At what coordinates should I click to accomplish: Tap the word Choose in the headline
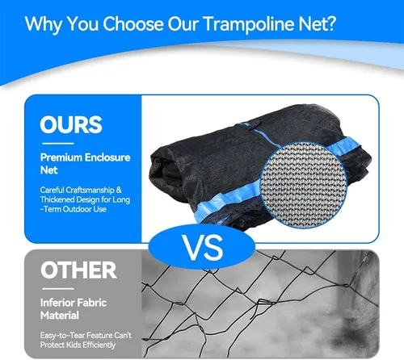[x=133, y=23]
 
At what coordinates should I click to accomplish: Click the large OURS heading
[x=71, y=124]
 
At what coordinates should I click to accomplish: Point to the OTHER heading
[x=78, y=270]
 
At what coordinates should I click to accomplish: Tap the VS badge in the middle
[x=202, y=247]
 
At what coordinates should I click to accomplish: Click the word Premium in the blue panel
[x=61, y=157]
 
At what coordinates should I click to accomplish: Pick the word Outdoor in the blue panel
[x=77, y=209]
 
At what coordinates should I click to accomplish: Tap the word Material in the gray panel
[x=60, y=316]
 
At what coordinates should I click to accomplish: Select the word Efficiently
[x=99, y=345]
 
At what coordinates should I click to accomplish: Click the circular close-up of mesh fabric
[x=304, y=185]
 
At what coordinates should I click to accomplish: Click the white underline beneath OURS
[x=58, y=144]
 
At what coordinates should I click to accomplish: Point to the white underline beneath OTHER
[x=58, y=289]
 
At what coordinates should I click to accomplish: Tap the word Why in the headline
[x=44, y=24]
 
